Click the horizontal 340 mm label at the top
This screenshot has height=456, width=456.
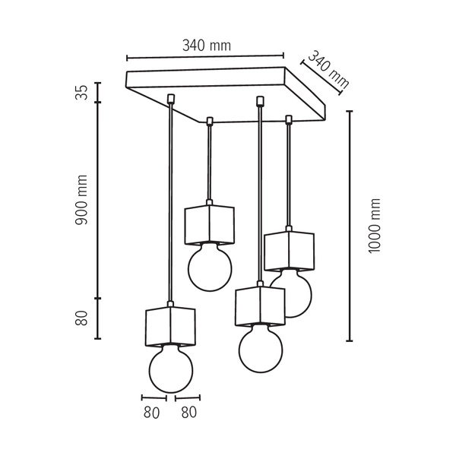[x=206, y=45]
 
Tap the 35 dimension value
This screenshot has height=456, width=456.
[x=82, y=92]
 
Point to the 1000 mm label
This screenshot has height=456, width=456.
[x=373, y=226]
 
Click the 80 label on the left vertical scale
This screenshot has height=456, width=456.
[x=82, y=318]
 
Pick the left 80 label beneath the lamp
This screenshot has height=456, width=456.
[x=151, y=413]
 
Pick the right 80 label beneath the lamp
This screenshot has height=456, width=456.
[x=188, y=413]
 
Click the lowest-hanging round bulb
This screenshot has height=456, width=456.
[x=172, y=369]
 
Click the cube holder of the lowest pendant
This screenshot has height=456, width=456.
[x=170, y=325]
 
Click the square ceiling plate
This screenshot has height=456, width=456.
[x=228, y=93]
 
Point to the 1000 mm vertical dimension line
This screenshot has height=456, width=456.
[x=350, y=226]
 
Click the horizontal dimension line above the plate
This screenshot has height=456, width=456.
[x=205, y=56]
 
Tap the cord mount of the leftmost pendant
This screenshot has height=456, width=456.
[x=171, y=99]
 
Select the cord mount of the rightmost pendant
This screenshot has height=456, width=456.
[x=289, y=119]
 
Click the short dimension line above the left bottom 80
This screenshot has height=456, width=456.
[x=154, y=397]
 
